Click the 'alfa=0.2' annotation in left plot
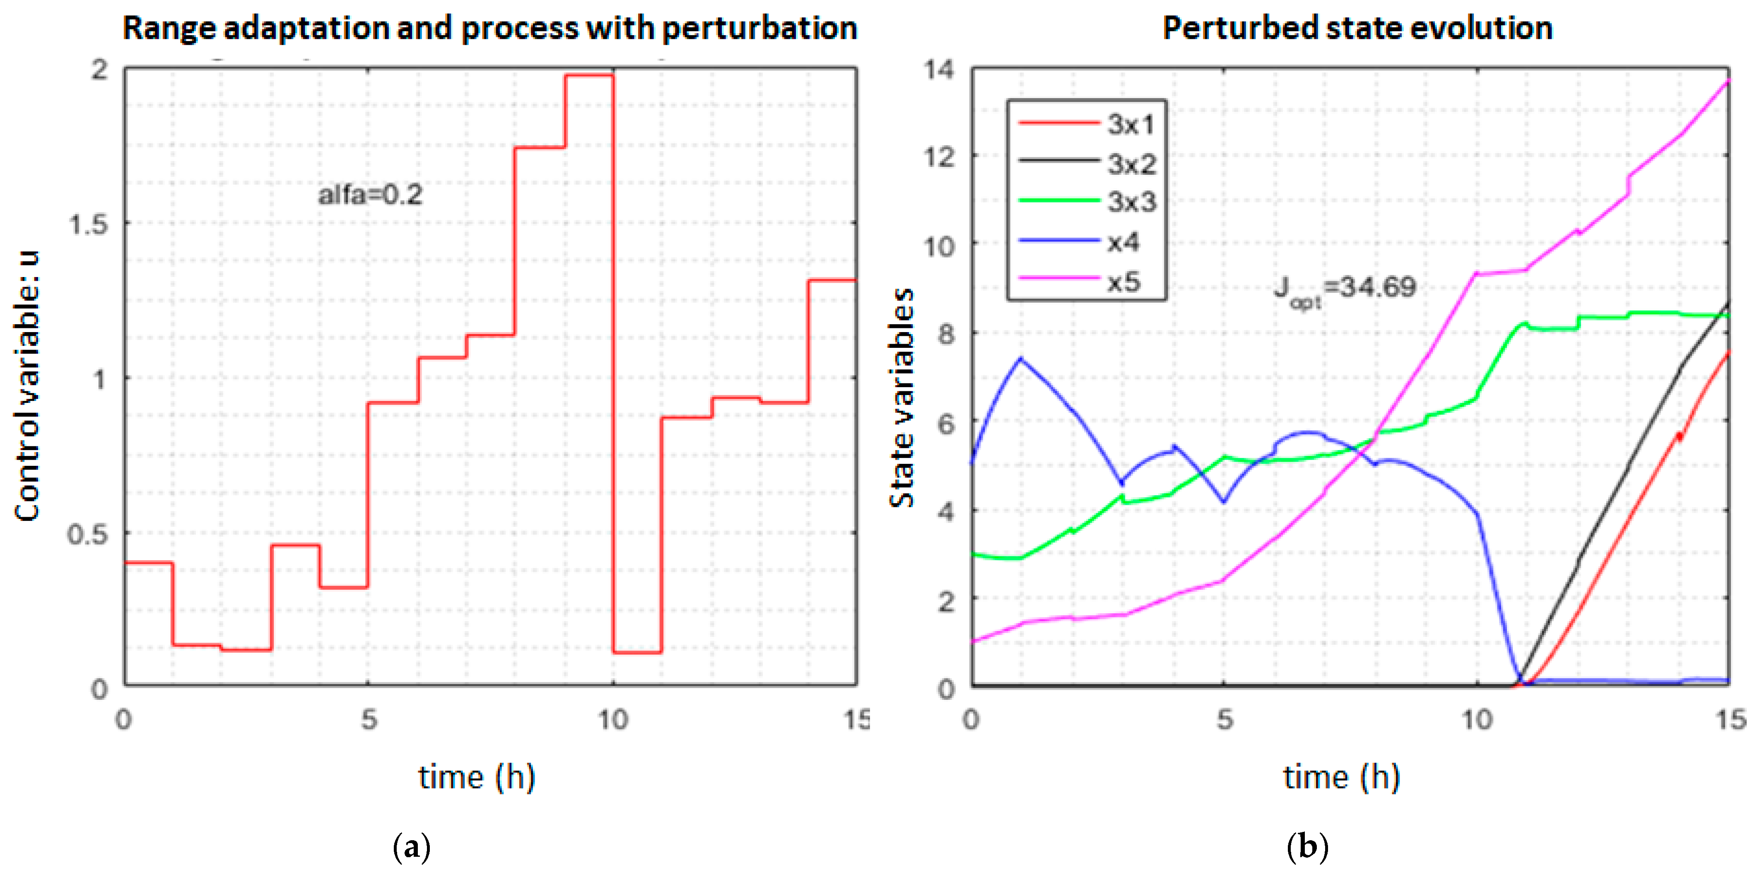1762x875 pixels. click(370, 195)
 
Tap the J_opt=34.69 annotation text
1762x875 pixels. click(1344, 288)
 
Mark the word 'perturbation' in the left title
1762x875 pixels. click(759, 29)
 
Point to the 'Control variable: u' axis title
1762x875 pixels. click(27, 386)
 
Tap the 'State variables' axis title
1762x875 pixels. click(901, 397)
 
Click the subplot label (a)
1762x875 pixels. click(412, 847)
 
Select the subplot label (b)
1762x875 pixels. click(1307, 847)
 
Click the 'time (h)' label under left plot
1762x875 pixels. click(477, 777)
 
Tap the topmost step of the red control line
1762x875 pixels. click(589, 75)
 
